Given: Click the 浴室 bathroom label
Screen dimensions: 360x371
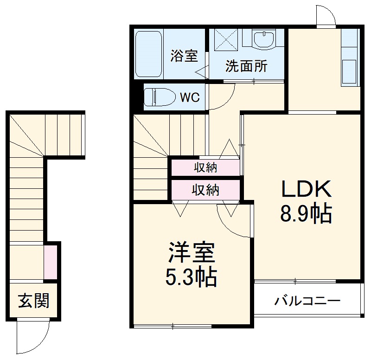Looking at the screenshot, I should click(184, 56).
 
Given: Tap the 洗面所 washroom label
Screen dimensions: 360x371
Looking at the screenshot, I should click(246, 66).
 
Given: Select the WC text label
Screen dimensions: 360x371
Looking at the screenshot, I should click(190, 98).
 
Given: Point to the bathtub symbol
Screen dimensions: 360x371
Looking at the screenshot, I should click(148, 53).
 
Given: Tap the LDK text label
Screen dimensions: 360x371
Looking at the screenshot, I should click(305, 189).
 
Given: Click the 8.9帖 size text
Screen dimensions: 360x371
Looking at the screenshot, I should click(305, 213).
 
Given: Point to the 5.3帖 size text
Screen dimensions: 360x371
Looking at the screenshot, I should click(191, 277).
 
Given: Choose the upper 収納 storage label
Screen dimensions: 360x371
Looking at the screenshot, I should click(205, 167).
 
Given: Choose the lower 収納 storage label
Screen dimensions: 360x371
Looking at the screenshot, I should click(205, 190).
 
